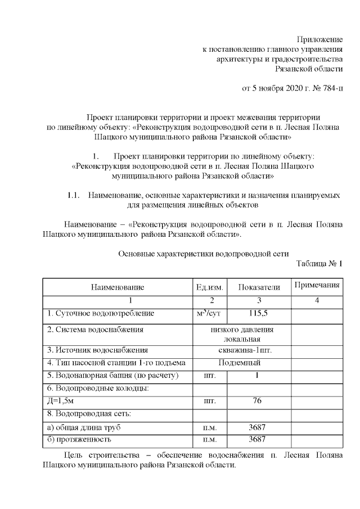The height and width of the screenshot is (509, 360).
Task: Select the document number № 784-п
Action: [x=328, y=88]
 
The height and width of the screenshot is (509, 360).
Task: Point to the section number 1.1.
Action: [x=74, y=195]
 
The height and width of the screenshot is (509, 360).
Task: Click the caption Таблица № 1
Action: [x=319, y=264]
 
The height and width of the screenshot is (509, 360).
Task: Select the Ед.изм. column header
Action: [x=209, y=287]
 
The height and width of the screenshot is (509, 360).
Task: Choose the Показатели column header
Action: [x=259, y=287]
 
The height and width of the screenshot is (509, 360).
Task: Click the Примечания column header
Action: [x=317, y=285]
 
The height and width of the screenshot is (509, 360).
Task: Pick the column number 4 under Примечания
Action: [x=317, y=301]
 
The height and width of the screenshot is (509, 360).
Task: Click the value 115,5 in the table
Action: [x=257, y=313]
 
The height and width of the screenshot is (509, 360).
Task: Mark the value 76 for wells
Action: [x=257, y=401]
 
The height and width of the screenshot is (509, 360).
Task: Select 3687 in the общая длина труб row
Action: [x=257, y=427]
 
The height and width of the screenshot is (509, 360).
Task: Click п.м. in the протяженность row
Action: [x=209, y=440]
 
